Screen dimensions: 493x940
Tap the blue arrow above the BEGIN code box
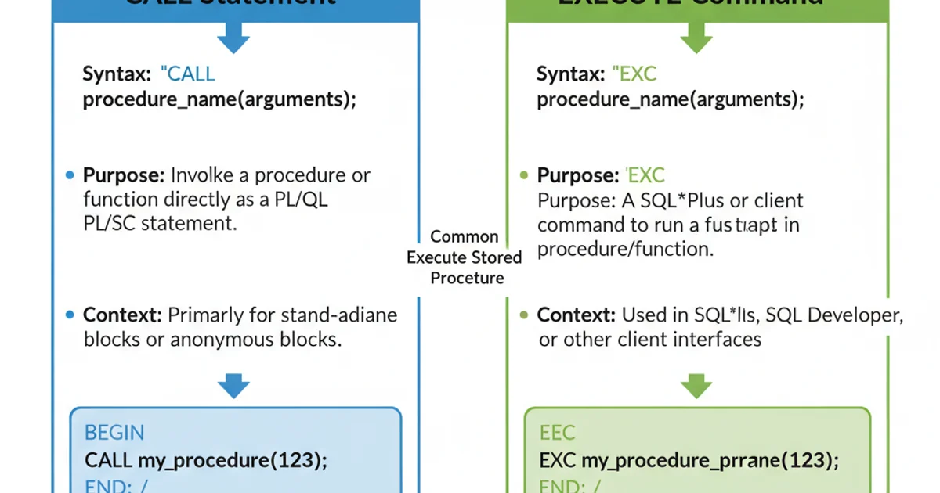coord(233,385)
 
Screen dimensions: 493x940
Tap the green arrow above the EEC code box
coord(696,385)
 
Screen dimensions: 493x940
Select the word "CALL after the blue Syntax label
coord(187,74)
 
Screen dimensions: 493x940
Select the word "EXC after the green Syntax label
coord(635,74)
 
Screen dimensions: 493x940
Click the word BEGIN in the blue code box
coord(114,433)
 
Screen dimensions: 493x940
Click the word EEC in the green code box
coord(558,433)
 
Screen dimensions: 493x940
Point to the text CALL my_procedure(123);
coord(205,459)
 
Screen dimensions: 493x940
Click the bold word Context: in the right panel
coord(575,315)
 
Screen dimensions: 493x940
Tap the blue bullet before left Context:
coord(70,315)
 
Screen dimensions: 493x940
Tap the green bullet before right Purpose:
coord(523,175)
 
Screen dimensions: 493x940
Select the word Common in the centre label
coord(465,236)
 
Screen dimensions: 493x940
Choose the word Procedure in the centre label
coord(467,278)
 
